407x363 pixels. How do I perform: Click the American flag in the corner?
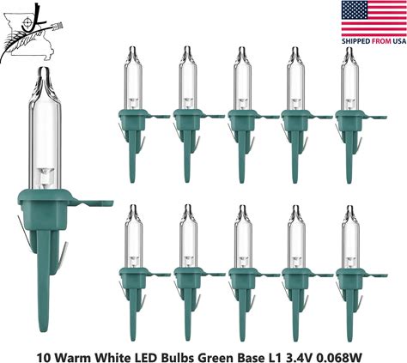point(374,19)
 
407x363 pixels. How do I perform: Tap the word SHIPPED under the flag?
point(355,41)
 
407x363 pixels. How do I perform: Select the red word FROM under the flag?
point(381,41)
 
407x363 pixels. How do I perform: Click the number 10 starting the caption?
point(43,357)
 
